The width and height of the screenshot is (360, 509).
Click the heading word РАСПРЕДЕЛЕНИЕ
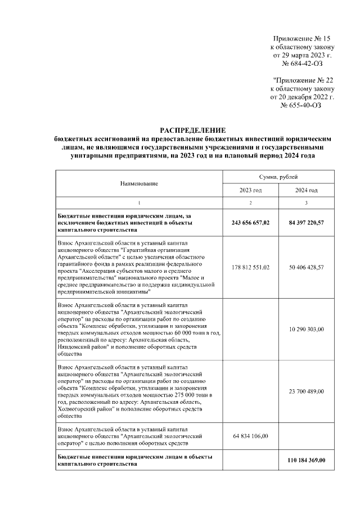tap(192, 130)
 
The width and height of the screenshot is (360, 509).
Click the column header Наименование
tap(139, 184)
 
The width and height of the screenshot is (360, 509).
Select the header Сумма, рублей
tap(278, 177)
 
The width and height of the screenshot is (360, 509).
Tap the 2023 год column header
tap(250, 190)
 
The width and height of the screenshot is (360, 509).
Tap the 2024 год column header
tap(306, 190)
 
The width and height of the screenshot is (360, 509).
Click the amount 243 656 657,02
tap(250, 223)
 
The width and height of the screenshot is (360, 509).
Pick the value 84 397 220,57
tap(306, 223)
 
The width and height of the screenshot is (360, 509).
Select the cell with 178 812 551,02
tap(250, 267)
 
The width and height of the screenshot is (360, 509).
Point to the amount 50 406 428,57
tap(306, 267)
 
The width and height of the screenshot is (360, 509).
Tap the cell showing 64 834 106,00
tap(250, 436)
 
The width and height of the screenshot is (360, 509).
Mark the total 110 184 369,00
tap(306, 461)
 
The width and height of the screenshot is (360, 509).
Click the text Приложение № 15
tap(303, 37)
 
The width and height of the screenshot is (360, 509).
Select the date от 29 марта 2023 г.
tap(303, 56)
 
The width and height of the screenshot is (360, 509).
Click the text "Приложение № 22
tap(303, 80)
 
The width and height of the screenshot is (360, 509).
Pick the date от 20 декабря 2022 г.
tap(303, 97)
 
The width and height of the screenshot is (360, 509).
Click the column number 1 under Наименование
tap(139, 202)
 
